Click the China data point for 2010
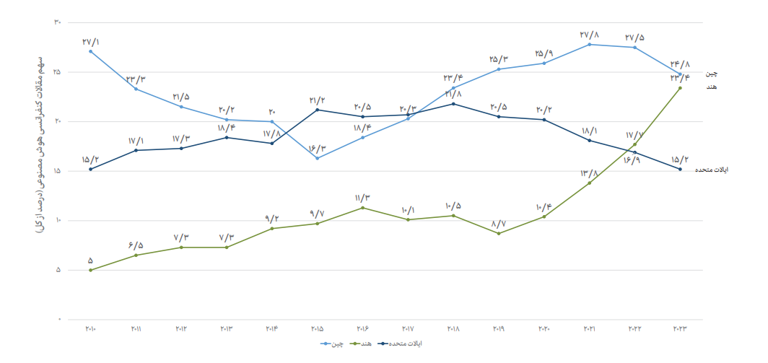click(x=90, y=51)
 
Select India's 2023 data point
click(x=681, y=88)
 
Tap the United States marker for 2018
click(x=453, y=104)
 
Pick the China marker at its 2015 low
click(x=318, y=158)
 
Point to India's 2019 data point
click(x=499, y=233)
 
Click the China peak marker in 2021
click(x=590, y=45)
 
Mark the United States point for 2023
click(x=681, y=169)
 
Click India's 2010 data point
click(x=90, y=270)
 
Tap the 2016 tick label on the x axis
click(x=362, y=329)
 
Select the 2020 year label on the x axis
click(x=544, y=329)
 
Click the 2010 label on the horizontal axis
click(x=90, y=329)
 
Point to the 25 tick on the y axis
click(x=57, y=72)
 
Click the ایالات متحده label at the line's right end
click(x=711, y=170)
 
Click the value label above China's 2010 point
click(x=91, y=41)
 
